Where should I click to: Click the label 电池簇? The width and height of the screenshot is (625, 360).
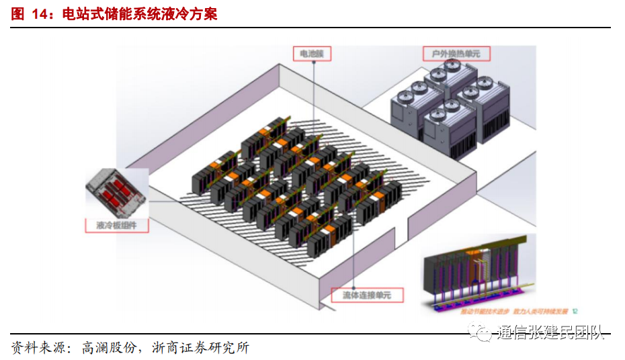tap(312, 54)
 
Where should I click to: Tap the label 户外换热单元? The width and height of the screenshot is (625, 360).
tap(456, 53)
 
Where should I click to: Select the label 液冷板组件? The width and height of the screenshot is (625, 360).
tap(117, 225)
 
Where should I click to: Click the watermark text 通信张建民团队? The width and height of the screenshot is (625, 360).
tap(551, 333)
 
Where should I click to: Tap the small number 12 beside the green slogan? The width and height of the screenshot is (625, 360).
tap(575, 311)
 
